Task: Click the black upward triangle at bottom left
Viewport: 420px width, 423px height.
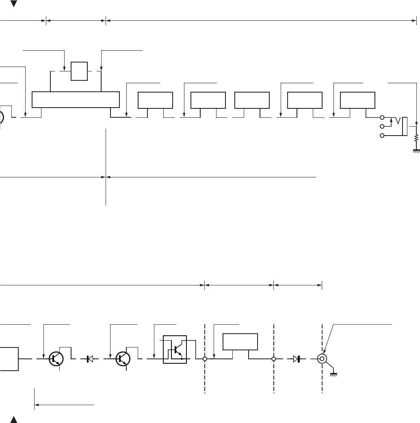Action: click(x=14, y=418)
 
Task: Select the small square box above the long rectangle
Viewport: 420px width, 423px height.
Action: click(x=79, y=71)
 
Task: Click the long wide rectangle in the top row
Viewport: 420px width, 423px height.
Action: click(x=76, y=99)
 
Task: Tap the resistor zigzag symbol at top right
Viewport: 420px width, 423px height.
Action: click(x=416, y=139)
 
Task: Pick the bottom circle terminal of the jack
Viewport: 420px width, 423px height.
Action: click(x=381, y=136)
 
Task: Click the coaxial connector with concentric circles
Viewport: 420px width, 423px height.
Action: click(x=322, y=359)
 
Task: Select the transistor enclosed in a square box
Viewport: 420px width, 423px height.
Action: click(x=175, y=349)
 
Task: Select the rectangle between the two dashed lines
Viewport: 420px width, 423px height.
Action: click(x=240, y=342)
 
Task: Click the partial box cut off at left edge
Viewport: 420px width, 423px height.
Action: click(x=9, y=359)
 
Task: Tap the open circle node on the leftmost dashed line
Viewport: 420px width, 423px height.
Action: click(x=205, y=359)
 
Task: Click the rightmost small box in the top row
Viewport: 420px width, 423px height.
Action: click(x=357, y=100)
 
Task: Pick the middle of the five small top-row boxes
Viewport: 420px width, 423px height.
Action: click(x=252, y=100)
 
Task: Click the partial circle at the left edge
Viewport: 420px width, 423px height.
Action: click(x=2, y=118)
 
